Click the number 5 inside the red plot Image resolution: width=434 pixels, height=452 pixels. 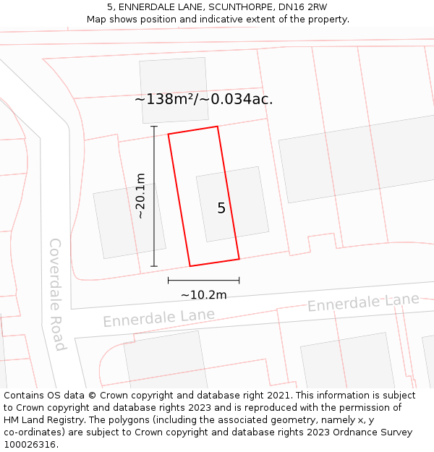[221, 208]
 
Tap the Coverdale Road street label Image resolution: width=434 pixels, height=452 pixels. [57, 294]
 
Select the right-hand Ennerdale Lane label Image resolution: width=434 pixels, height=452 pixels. [363, 303]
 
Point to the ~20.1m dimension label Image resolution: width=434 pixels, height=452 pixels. [140, 195]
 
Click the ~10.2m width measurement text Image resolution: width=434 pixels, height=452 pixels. [203, 294]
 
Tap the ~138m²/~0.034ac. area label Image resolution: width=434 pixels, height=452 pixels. [203, 100]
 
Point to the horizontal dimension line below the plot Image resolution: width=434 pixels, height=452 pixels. [203, 280]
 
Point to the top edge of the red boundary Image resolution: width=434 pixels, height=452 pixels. [193, 130]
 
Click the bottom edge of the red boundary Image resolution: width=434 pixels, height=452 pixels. [214, 262]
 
